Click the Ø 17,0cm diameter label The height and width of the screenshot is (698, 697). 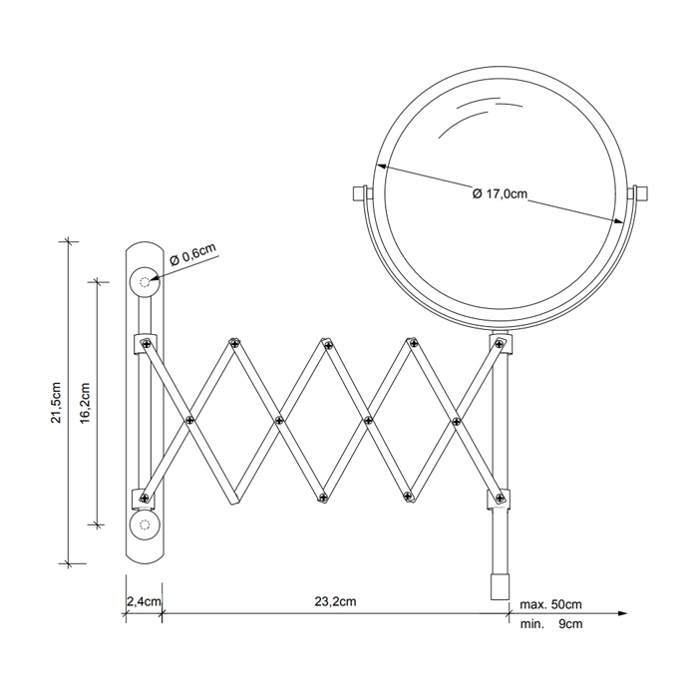point(500,194)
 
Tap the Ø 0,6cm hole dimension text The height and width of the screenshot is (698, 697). point(192,253)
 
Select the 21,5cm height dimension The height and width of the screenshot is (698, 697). point(56,402)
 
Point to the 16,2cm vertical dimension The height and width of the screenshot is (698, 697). point(86,403)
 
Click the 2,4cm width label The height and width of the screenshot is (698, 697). point(144,601)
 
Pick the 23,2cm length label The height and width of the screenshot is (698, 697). point(335,601)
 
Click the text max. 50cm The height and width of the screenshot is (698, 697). point(550,604)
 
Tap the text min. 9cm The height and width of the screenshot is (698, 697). point(551,624)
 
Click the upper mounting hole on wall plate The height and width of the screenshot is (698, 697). point(145,282)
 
